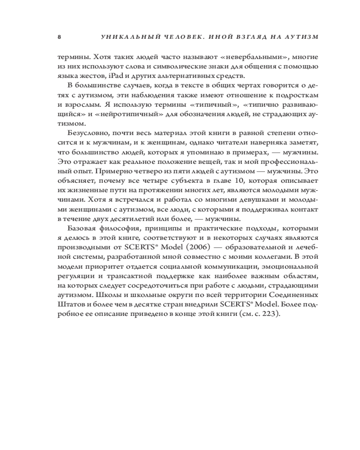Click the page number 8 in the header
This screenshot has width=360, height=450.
coord(59,37)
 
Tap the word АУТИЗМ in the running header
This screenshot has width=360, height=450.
coord(299,37)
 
